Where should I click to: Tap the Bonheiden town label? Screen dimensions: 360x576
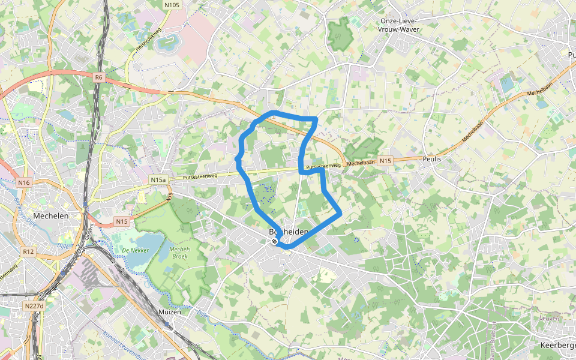coord(289,232)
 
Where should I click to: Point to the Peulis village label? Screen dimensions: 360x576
coord(431,159)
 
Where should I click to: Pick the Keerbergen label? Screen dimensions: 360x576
coord(557,346)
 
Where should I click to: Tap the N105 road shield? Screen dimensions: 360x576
coord(172,5)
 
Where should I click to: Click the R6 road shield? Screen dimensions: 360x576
coord(99,77)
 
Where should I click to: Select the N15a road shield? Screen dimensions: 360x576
coord(158,179)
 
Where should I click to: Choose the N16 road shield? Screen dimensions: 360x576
coord(23,182)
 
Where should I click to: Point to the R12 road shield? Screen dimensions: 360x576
coord(29,252)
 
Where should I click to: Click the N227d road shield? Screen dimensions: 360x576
coord(34,306)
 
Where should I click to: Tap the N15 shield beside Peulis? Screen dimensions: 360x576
coord(385,160)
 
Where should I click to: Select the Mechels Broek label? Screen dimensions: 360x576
coord(179,253)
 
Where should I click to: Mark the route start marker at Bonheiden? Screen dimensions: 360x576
coord(274,241)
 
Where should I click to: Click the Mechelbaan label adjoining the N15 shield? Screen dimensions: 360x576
coord(361,162)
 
